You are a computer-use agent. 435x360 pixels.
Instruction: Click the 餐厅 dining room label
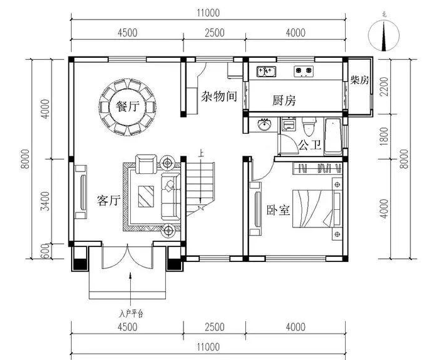[128, 106]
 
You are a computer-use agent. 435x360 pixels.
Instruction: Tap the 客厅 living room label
[109, 200]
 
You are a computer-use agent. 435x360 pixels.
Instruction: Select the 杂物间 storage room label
[219, 96]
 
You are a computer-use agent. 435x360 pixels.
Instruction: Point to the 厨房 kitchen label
[284, 101]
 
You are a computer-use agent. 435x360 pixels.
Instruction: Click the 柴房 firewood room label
[360, 80]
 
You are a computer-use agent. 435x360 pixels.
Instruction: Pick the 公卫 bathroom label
[310, 145]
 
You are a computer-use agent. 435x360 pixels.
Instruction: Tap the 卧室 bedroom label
[278, 210]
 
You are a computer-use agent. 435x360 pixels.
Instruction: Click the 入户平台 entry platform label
[131, 314]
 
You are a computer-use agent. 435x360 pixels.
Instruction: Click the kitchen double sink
[267, 72]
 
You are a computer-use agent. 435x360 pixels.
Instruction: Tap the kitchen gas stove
[304, 72]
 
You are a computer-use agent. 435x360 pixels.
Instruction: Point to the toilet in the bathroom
[309, 126]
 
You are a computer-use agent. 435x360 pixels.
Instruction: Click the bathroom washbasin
[264, 124]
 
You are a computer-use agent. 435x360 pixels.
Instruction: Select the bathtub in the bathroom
[333, 136]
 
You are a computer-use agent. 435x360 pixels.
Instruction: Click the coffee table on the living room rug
[146, 197]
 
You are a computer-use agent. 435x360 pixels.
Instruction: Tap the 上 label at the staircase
[201, 153]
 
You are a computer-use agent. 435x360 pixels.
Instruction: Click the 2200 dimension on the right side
[384, 87]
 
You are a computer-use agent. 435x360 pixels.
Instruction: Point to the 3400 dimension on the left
[45, 201]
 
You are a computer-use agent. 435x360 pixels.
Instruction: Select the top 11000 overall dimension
[208, 13]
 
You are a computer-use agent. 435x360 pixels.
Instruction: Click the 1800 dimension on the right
[384, 136]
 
